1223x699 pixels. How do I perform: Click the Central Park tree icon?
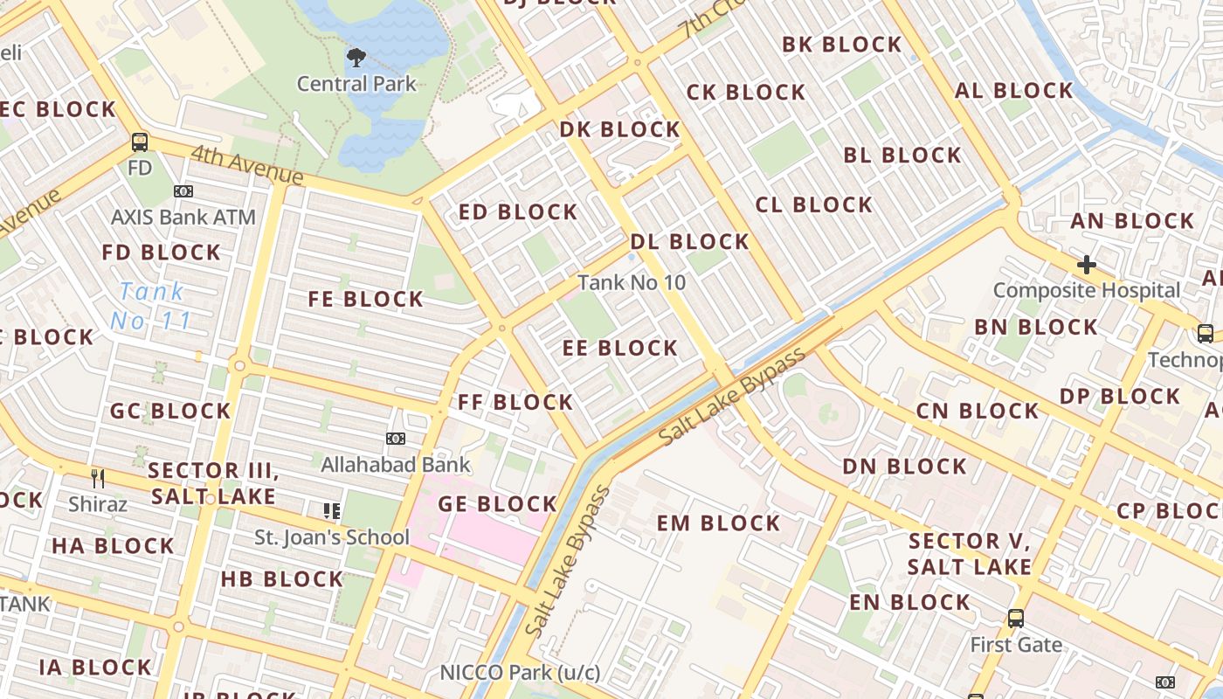point(356,59)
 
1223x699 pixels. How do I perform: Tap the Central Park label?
point(356,84)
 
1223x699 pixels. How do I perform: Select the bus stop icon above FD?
point(140,142)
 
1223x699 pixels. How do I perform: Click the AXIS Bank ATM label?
point(183,217)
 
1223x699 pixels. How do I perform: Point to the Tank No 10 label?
point(632,282)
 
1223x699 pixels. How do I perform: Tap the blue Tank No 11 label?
point(151,306)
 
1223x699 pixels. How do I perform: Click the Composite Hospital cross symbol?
point(1087,264)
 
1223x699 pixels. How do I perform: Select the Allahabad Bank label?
point(396,464)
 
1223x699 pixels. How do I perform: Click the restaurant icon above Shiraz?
point(98,478)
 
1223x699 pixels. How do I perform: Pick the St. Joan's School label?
point(331,536)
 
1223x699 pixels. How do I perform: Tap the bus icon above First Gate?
point(1016,619)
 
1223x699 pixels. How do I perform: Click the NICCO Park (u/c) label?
point(520,672)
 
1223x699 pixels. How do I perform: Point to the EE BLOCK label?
point(620,348)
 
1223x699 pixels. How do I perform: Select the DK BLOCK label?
point(619,129)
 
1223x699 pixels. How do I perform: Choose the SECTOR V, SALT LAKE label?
point(970,553)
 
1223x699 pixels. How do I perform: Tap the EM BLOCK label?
point(718,523)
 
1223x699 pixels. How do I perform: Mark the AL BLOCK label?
point(1013,90)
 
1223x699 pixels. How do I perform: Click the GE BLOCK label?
point(497,503)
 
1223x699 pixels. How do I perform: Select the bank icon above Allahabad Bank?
point(396,438)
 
